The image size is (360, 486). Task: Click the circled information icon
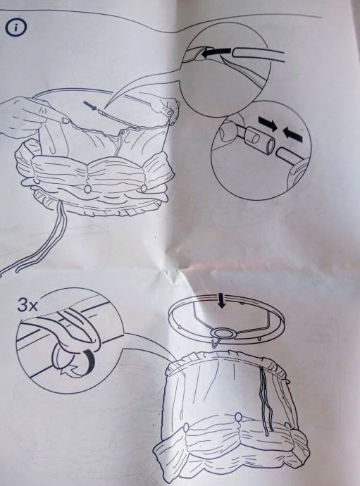tap(15, 27)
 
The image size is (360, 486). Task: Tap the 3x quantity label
tap(27, 305)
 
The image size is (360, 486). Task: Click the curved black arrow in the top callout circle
tap(216, 53)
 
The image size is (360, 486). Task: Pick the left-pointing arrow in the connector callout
tap(292, 134)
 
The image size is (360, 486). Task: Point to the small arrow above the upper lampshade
tap(90, 106)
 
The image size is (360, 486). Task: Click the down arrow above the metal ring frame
tap(221, 301)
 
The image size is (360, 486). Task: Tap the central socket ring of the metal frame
tap(223, 333)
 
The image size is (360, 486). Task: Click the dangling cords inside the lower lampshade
tap(266, 400)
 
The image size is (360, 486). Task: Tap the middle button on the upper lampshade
tap(88, 189)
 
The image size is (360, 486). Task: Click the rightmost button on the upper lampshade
tap(143, 188)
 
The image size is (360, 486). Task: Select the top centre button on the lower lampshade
tap(238, 417)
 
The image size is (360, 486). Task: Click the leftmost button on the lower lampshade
tap(186, 428)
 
